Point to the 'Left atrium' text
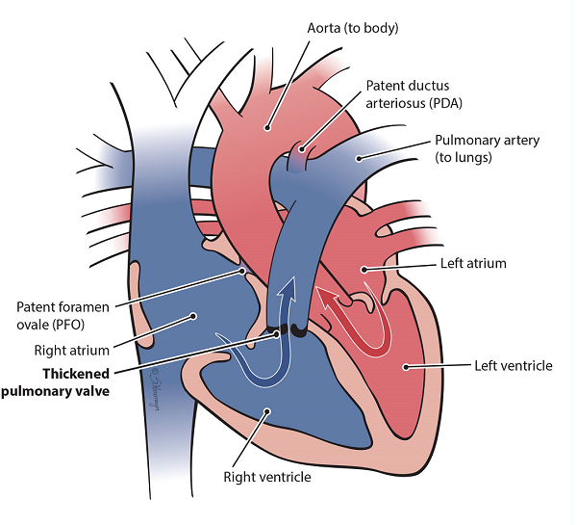click(x=472, y=262)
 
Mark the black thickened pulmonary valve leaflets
click(x=288, y=332)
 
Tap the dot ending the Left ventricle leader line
click(x=406, y=366)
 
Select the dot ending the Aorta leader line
click(x=268, y=126)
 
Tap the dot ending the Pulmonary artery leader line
click(x=358, y=158)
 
